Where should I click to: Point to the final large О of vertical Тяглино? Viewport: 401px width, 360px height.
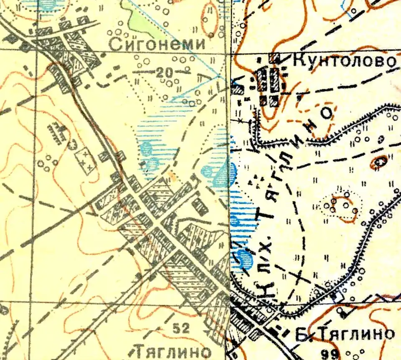[x=327, y=113]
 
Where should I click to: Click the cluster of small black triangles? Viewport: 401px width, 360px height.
[x=257, y=180]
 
